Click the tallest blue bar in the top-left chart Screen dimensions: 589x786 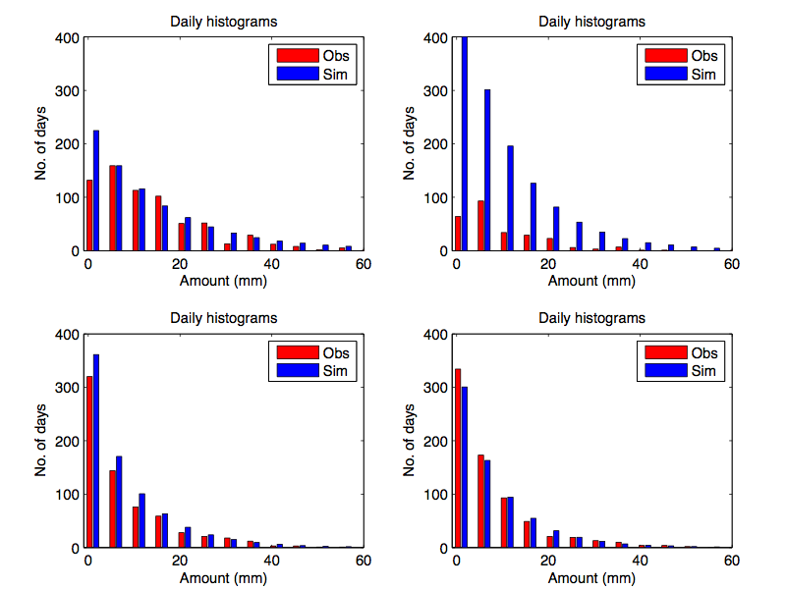[x=96, y=190]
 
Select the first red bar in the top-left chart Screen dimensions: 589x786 [x=89, y=215]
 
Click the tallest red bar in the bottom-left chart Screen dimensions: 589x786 [x=89, y=461]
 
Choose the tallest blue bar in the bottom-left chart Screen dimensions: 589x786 [x=96, y=451]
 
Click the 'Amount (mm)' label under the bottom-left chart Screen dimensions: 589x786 [x=223, y=578]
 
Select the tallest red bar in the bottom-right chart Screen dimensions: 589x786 [x=458, y=457]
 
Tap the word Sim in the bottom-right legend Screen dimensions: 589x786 [x=703, y=371]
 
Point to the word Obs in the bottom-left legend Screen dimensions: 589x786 [x=336, y=353]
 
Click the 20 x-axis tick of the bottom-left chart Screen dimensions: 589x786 [x=179, y=560]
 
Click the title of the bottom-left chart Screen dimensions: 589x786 [x=223, y=318]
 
